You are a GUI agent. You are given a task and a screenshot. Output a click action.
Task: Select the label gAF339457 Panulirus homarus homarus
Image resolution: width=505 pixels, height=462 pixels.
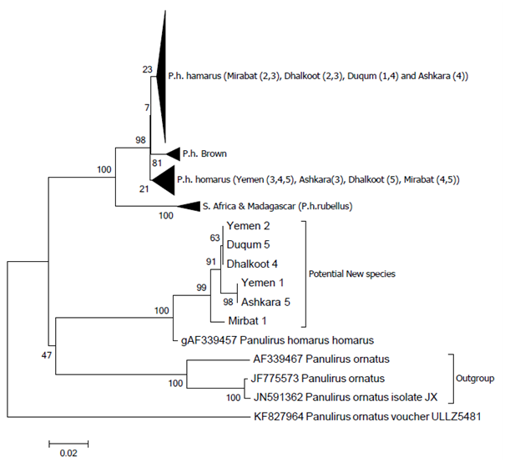(x=276, y=339)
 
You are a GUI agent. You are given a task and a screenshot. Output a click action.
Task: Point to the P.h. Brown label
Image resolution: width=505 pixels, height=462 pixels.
(x=200, y=153)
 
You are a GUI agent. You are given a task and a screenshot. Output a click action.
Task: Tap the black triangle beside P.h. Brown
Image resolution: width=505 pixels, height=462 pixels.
(x=172, y=153)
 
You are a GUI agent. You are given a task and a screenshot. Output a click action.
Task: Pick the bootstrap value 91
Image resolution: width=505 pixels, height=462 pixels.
(x=212, y=262)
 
